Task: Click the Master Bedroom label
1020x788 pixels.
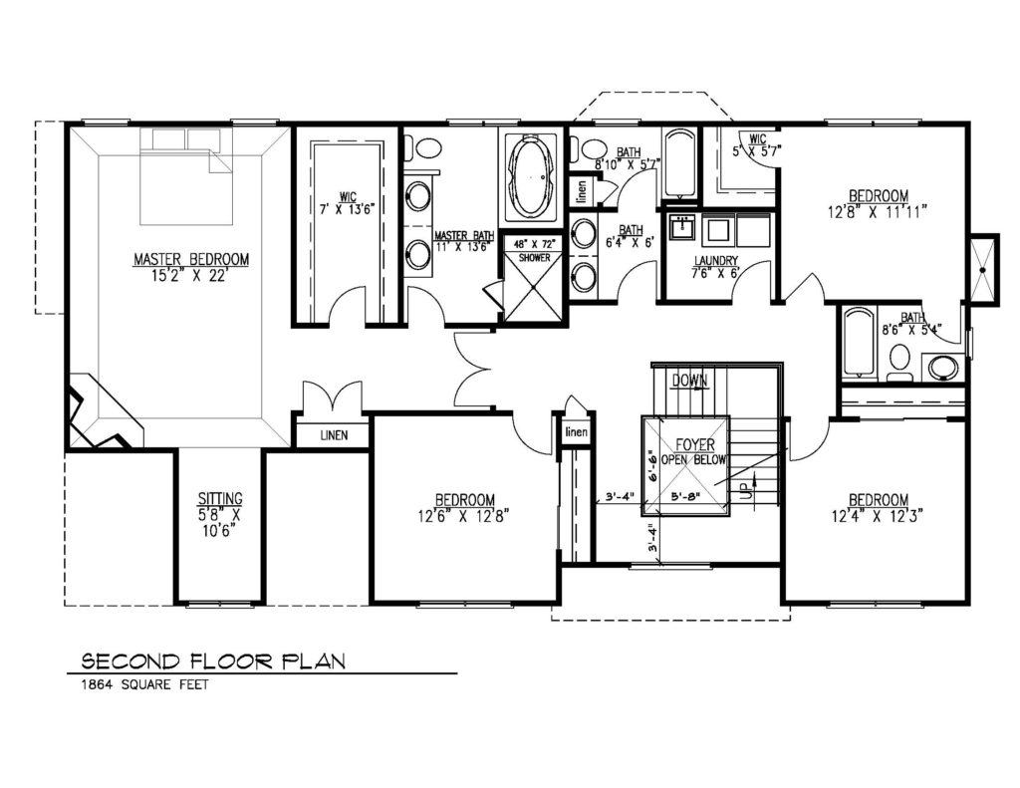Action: click(x=191, y=267)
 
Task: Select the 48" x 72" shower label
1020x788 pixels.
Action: click(x=534, y=250)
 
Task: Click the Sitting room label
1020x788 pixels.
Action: click(x=220, y=514)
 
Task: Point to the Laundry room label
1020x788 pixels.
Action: click(x=715, y=267)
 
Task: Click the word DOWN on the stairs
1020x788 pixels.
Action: click(x=689, y=380)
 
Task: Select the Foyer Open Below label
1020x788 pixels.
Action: click(x=694, y=451)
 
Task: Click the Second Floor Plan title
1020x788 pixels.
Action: click(x=213, y=661)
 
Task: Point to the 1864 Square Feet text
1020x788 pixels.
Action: click(x=144, y=684)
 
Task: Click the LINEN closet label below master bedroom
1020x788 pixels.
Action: click(x=334, y=435)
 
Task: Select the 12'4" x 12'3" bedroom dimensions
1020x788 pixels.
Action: click(x=879, y=516)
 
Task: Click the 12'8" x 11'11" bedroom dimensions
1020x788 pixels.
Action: click(x=878, y=212)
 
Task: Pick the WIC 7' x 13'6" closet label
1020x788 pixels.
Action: click(x=348, y=203)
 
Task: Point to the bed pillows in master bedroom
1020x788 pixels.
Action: click(x=186, y=139)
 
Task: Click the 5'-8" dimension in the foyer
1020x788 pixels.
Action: click(x=684, y=496)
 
